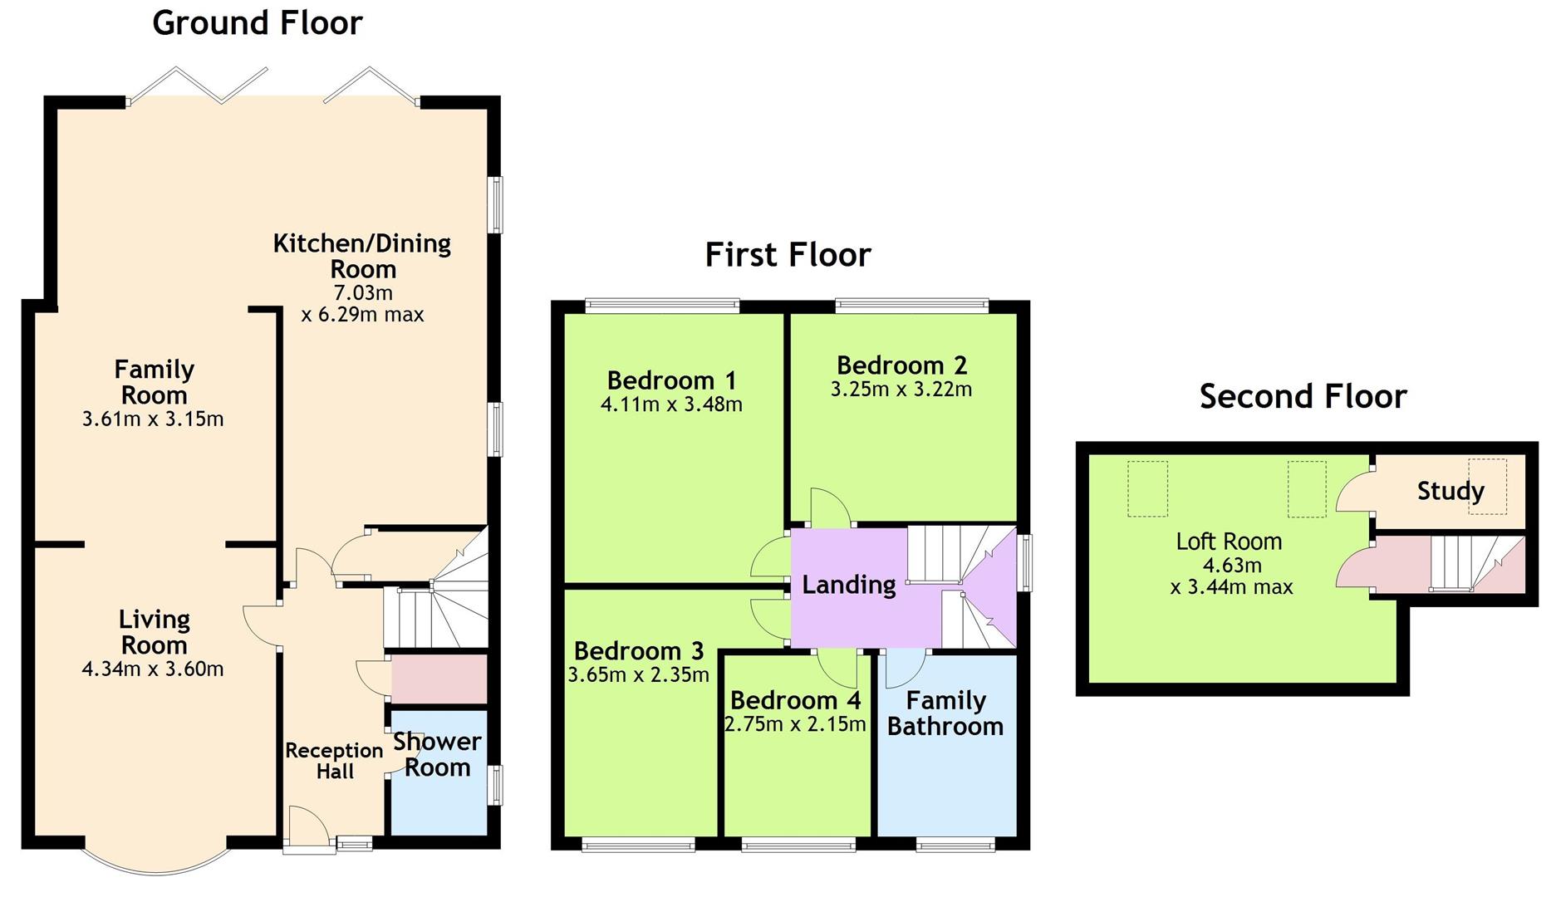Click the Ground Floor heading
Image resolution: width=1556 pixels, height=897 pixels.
258,23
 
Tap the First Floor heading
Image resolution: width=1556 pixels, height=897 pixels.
788,254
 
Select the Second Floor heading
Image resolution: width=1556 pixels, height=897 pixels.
1303,396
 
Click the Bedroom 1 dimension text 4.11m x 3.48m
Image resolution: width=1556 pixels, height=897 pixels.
671,404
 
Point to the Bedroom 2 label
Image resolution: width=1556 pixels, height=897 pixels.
901,365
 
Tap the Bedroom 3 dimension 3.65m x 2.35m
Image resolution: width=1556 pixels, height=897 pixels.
638,674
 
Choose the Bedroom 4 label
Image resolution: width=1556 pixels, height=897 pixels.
795,700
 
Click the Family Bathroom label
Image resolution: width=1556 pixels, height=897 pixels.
945,713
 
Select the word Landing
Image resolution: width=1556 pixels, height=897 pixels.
848,586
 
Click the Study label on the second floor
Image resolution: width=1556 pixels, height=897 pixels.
1450,491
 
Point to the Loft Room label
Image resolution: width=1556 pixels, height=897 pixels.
1229,542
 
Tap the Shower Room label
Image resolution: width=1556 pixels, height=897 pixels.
437,754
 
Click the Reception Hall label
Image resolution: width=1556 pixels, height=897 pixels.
334,761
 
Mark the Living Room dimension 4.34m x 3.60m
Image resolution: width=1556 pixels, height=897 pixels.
153,669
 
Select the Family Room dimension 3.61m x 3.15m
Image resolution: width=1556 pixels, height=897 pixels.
153,419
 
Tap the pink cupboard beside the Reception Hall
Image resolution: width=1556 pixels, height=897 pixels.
439,679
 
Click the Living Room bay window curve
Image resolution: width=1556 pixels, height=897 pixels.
155,873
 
